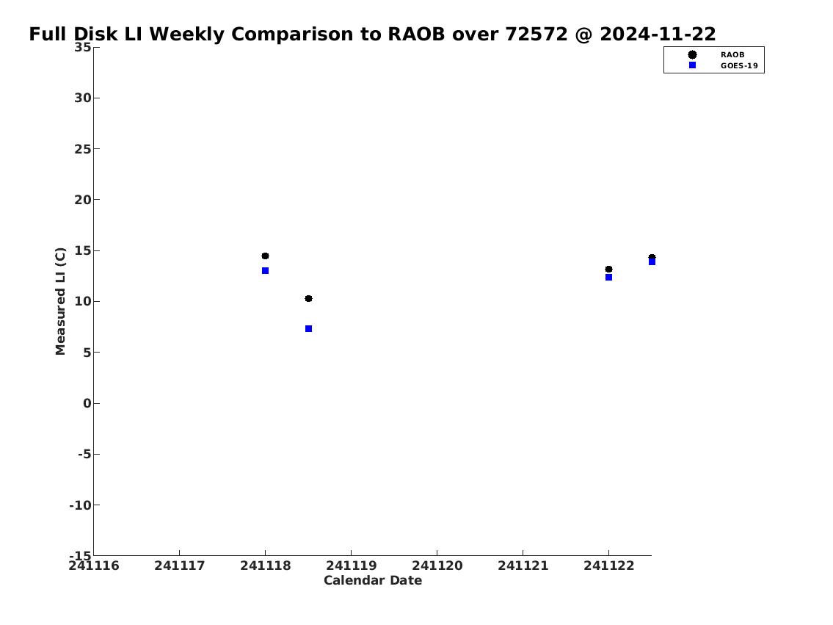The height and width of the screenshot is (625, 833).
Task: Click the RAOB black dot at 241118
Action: click(265, 256)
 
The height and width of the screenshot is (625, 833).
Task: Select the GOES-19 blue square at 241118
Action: click(265, 271)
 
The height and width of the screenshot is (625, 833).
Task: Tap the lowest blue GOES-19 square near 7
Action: click(309, 329)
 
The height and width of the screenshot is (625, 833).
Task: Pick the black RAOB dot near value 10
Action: click(309, 299)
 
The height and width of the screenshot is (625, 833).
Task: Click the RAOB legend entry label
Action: click(732, 55)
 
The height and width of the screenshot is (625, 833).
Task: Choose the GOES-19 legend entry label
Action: click(739, 66)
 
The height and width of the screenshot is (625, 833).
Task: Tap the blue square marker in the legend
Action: click(692, 65)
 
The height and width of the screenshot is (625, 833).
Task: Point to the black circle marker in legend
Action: click(692, 55)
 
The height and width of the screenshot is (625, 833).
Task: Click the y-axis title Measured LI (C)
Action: click(61, 301)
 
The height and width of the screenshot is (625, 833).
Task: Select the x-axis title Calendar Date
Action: click(373, 580)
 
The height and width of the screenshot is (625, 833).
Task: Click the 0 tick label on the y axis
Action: click(87, 403)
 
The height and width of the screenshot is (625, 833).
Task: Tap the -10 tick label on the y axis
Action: click(80, 505)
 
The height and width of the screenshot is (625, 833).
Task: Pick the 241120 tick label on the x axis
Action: click(437, 566)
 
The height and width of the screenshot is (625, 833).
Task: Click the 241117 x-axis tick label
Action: click(180, 566)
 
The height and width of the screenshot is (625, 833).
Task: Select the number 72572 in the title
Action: click(536, 35)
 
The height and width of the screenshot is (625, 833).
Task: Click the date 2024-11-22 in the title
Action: click(658, 35)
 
